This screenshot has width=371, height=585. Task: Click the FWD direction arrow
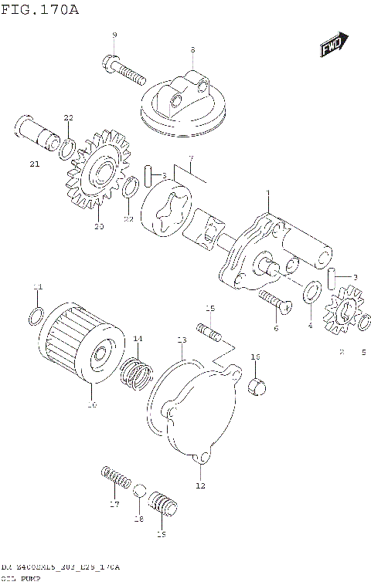pyautogui.click(x=333, y=47)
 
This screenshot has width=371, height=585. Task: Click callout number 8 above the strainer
pyautogui.click(x=192, y=50)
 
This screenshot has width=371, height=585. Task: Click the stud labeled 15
pyautogui.click(x=211, y=333)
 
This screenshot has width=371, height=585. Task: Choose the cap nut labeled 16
pyautogui.click(x=258, y=384)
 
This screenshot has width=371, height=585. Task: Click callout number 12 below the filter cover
pyautogui.click(x=200, y=485)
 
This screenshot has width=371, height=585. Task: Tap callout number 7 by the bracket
pyautogui.click(x=191, y=159)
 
